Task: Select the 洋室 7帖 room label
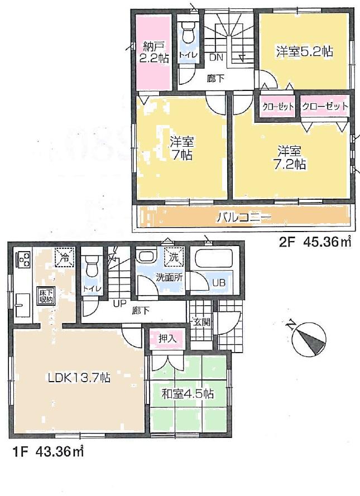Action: (181, 148)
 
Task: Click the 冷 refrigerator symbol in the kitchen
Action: (64, 258)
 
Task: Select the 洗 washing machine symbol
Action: (175, 258)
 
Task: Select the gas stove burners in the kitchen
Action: (23, 259)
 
